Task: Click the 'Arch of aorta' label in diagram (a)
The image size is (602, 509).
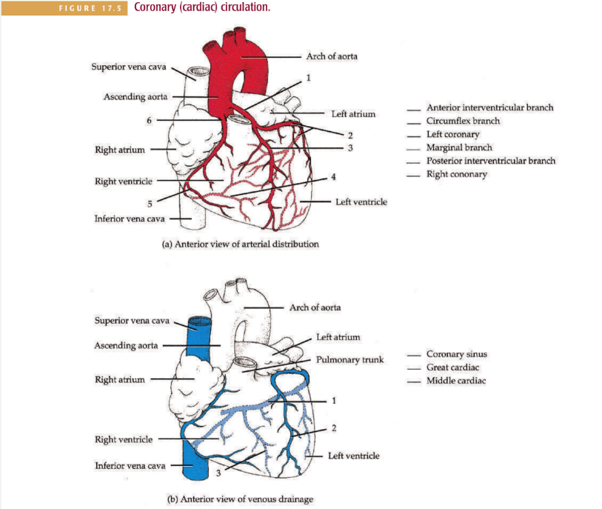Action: click(332, 56)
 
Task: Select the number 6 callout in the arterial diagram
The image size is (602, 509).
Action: click(149, 120)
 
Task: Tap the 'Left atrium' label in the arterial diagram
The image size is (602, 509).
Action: click(353, 114)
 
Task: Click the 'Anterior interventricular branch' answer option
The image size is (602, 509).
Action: click(489, 107)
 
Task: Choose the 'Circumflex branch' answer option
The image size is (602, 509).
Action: click(463, 121)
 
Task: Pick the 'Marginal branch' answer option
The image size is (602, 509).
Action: click(459, 147)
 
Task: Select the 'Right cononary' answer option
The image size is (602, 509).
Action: click(457, 174)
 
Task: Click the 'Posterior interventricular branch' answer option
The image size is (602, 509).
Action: click(491, 161)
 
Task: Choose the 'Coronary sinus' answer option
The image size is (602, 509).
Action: click(456, 354)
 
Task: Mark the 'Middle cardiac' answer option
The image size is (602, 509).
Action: click(456, 381)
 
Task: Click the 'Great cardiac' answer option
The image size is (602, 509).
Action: click(452, 367)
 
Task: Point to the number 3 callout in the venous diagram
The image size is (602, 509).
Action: click(219, 473)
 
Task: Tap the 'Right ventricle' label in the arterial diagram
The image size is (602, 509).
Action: click(124, 180)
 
